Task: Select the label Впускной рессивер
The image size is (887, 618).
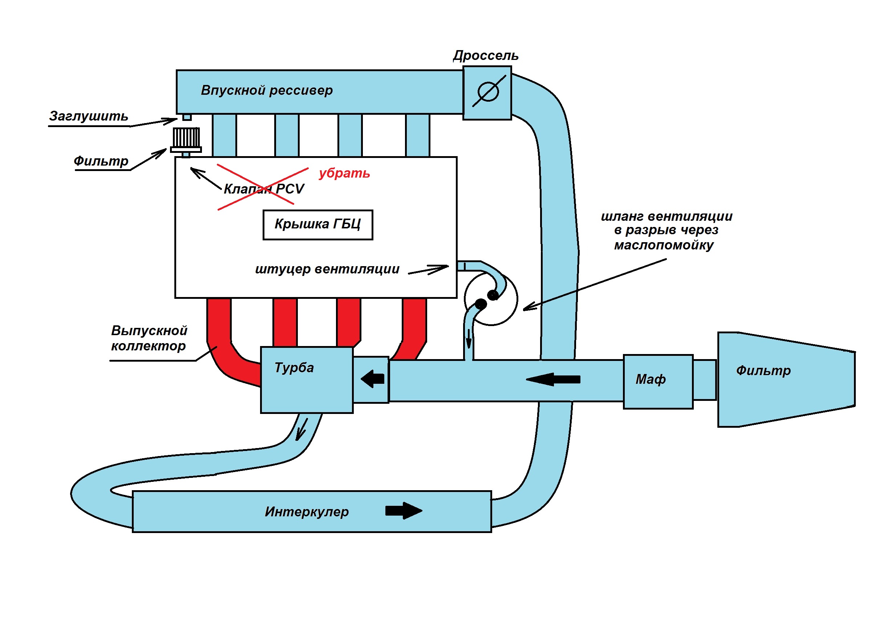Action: [x=267, y=90]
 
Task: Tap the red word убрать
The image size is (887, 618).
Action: [x=345, y=173]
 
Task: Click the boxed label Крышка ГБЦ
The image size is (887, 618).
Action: [x=317, y=225]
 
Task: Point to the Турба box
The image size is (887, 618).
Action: [x=307, y=380]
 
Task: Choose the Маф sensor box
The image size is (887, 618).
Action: [x=658, y=382]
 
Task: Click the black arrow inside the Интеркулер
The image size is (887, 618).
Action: [x=404, y=511]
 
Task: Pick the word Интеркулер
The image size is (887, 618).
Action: [x=307, y=512]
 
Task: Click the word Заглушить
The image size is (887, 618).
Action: [x=89, y=116]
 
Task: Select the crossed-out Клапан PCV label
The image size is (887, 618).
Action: [x=264, y=189]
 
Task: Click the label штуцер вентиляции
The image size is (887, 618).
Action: [x=327, y=269]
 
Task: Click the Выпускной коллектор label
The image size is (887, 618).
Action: [x=149, y=338]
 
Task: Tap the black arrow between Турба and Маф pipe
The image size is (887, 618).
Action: [x=372, y=378]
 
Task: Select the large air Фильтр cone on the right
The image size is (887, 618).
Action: [x=786, y=379]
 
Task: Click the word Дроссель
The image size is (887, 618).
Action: [x=486, y=56]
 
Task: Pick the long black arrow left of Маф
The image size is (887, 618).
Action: [x=553, y=379]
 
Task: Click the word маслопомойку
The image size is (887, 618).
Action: [x=664, y=245]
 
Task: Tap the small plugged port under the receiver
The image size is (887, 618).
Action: [x=187, y=117]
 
